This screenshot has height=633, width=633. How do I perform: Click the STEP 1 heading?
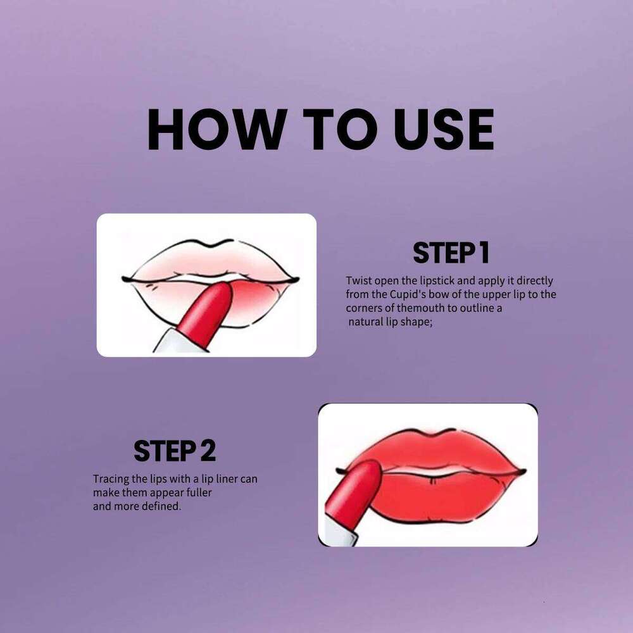[x=451, y=253]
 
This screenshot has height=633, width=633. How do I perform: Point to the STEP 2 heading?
[x=175, y=451]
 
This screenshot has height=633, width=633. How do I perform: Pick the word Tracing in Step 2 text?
[x=111, y=479]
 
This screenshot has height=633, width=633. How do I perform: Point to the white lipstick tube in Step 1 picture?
[x=171, y=342]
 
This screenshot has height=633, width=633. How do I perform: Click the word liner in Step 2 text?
[x=227, y=479]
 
